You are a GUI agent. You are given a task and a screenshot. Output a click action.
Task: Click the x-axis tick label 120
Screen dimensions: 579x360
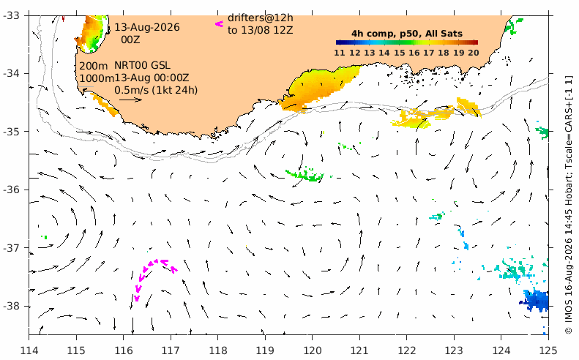(x=312, y=350)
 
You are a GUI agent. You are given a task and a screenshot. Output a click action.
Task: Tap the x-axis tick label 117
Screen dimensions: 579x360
(x=171, y=350)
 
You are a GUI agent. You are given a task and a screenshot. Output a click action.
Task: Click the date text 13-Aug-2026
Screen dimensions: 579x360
(x=147, y=27)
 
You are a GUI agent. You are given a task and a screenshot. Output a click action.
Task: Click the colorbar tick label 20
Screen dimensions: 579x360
(x=474, y=53)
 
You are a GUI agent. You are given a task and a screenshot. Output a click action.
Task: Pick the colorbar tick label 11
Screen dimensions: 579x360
(x=340, y=53)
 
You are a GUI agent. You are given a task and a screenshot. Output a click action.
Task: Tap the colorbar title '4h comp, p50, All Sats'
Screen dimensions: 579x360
(x=407, y=34)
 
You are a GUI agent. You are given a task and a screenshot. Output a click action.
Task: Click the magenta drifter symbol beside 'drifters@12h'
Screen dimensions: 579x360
(x=220, y=24)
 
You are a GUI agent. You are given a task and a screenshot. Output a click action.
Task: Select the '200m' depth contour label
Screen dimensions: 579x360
(x=94, y=66)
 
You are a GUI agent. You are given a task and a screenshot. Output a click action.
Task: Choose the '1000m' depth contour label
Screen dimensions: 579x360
(x=97, y=78)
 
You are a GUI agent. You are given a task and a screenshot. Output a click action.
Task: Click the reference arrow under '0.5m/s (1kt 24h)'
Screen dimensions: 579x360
(x=131, y=100)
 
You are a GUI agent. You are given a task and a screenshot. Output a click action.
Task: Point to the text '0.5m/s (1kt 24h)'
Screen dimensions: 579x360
(x=156, y=90)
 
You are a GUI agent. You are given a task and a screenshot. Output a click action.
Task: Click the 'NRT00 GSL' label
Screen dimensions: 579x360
(x=142, y=65)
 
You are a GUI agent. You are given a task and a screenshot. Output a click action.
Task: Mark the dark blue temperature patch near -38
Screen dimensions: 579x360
(x=535, y=300)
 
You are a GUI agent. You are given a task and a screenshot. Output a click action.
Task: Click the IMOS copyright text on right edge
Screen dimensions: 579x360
(x=569, y=205)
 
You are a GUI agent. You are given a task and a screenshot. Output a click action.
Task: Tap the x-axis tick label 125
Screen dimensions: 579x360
(x=548, y=350)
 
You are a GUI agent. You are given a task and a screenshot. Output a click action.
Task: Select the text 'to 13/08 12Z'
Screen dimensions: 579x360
(x=261, y=30)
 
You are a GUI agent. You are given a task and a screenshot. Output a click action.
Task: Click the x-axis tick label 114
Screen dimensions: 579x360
(x=29, y=350)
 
